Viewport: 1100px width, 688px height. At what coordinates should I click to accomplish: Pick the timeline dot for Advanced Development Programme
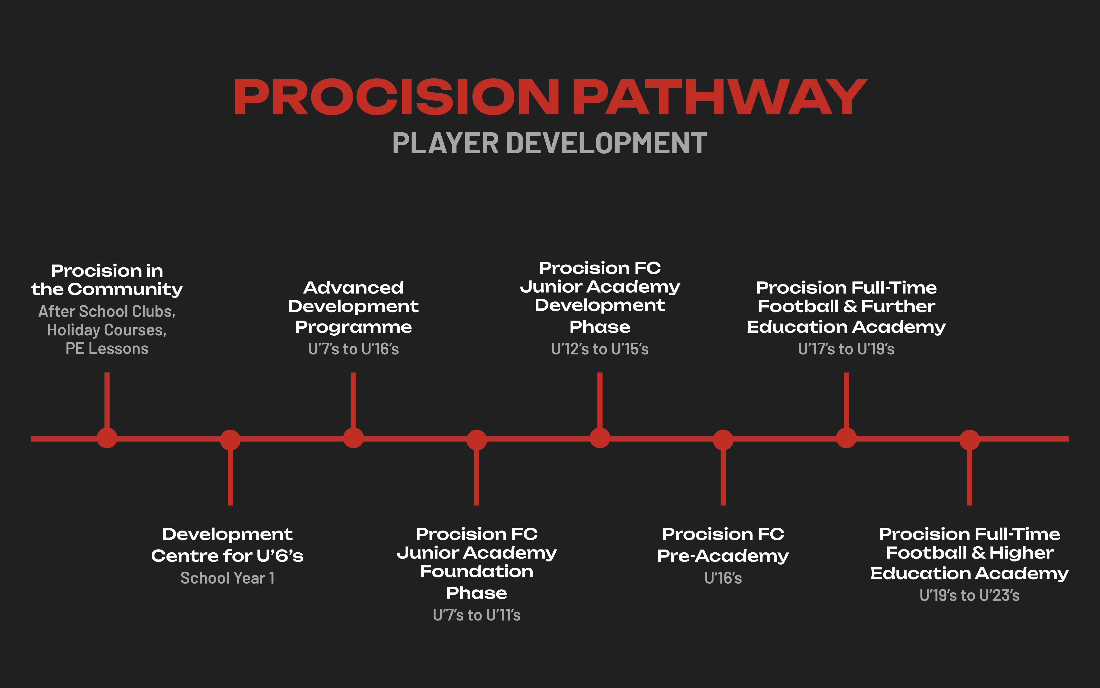coord(353,438)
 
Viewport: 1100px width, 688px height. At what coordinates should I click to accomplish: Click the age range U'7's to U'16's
coord(353,349)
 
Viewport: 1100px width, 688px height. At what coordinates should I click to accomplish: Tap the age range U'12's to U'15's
coord(600,349)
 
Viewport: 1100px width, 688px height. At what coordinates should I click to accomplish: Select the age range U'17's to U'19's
coord(846,349)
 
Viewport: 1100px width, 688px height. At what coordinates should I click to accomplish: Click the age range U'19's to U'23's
coord(969,595)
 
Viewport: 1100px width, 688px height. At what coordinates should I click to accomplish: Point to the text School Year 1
coord(227,578)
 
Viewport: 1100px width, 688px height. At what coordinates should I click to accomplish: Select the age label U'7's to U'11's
coord(476,615)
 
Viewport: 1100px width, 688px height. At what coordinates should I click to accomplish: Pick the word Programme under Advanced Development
coord(353,327)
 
